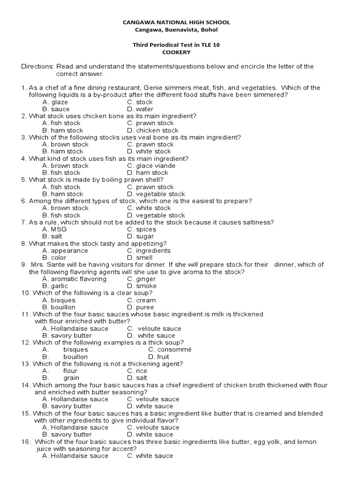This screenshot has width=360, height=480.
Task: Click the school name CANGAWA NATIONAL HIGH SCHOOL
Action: [x=176, y=22]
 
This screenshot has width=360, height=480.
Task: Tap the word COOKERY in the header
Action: [x=176, y=52]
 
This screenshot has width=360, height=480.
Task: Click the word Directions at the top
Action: [x=37, y=67]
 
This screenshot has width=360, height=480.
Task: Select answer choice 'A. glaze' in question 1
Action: [x=55, y=102]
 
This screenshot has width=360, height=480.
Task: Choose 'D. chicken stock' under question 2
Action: [x=152, y=130]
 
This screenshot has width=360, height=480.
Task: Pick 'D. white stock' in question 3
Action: [x=149, y=151]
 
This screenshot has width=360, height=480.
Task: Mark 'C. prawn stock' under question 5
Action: [x=150, y=187]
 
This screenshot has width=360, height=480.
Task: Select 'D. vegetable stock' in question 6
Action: [x=156, y=215]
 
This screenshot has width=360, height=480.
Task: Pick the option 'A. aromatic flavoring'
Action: [x=74, y=279]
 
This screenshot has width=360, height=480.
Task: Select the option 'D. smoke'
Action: [x=142, y=286]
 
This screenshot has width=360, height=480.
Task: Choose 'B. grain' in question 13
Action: [x=60, y=378]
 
